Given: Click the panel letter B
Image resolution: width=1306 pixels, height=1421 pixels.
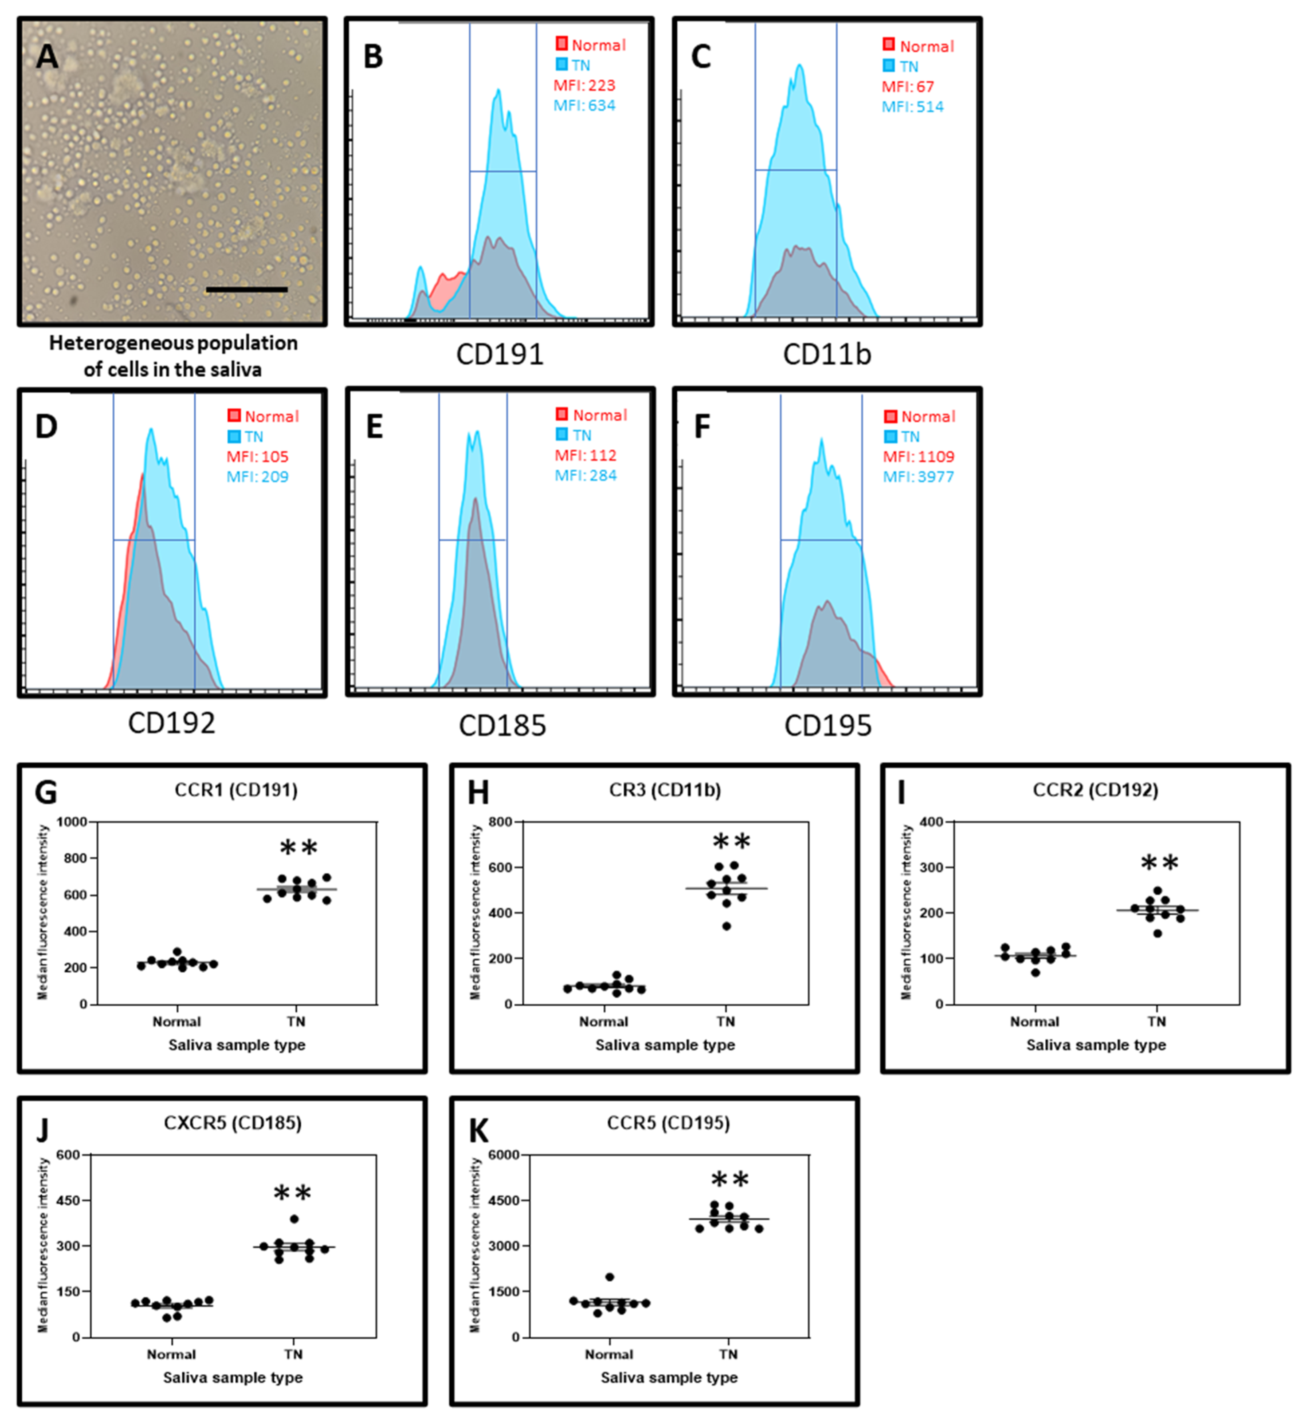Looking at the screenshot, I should pyautogui.click(x=373, y=57).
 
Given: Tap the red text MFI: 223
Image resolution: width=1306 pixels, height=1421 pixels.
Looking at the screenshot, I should pyautogui.click(x=584, y=86).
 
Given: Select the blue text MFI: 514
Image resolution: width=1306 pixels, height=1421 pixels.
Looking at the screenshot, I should pyautogui.click(x=912, y=107).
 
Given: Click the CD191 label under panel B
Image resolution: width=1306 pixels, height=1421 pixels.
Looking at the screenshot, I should pyautogui.click(x=500, y=354).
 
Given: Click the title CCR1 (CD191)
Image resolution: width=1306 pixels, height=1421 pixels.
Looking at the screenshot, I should pyautogui.click(x=236, y=790).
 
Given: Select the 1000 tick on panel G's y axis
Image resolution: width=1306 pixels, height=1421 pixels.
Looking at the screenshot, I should pyautogui.click(x=72, y=821).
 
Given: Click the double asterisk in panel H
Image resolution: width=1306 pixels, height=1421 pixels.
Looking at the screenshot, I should pyautogui.click(x=731, y=842).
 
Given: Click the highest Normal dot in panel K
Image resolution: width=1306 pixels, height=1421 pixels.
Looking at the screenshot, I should pyautogui.click(x=610, y=1277).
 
